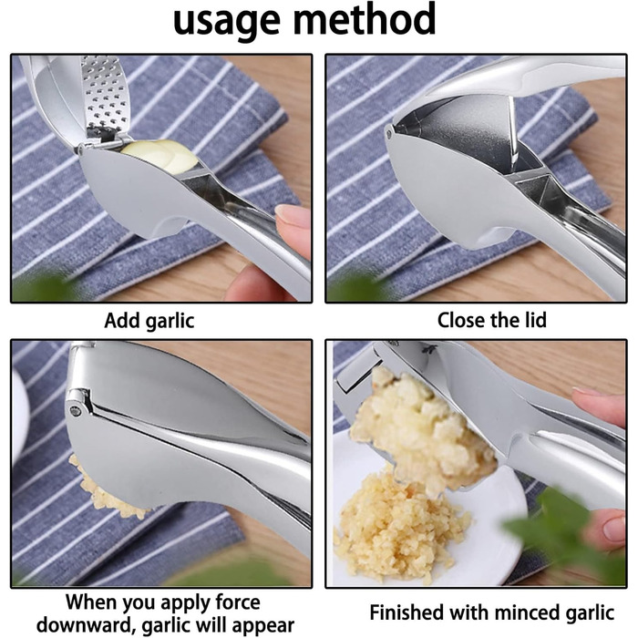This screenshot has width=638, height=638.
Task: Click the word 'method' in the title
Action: point(365,18)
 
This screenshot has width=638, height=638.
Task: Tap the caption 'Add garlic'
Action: point(149,321)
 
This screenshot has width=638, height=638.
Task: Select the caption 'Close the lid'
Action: point(491,320)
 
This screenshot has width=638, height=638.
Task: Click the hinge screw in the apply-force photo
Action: point(76,411)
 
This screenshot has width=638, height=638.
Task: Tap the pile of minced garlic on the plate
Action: point(401,525)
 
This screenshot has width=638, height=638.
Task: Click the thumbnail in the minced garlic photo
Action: point(614,528)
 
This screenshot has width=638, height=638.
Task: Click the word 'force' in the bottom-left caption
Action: point(238,602)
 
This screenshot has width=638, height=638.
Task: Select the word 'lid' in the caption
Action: point(533,320)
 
